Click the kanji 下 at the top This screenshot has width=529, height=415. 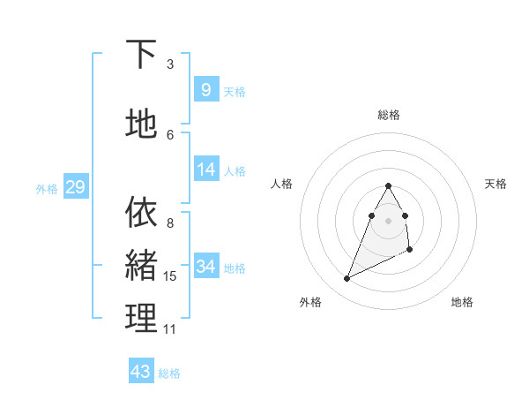[x=141, y=55]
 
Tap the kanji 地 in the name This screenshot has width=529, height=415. [x=141, y=124]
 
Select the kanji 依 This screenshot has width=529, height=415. [x=141, y=212]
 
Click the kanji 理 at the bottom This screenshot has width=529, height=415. [x=141, y=317]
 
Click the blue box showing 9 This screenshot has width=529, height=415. [x=205, y=89]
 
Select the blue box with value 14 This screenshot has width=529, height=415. [x=205, y=170]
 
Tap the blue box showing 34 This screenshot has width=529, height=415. [x=205, y=266]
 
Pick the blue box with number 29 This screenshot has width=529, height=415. [x=75, y=186]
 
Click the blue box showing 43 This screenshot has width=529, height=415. [x=141, y=371]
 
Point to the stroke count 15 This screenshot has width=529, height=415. [x=170, y=277]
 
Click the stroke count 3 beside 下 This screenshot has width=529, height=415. [x=170, y=64]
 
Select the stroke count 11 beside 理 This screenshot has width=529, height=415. [x=170, y=329]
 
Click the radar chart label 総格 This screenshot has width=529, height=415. [x=389, y=115]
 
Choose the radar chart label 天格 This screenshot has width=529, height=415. [x=495, y=184]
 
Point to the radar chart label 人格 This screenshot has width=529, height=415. [x=282, y=184]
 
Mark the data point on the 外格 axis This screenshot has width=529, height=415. [x=346, y=279]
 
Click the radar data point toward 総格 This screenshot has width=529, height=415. [x=389, y=185]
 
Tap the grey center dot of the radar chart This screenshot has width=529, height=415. [x=389, y=220]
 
